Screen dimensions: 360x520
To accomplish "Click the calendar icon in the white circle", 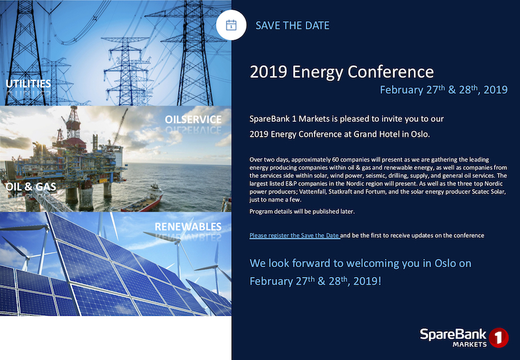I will click(231, 26).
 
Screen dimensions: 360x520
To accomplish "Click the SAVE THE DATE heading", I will click(292, 26).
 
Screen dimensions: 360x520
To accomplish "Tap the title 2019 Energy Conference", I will click(341, 71).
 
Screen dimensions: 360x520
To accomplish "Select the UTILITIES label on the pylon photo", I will click(28, 83).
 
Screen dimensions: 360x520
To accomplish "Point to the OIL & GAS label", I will click(31, 186).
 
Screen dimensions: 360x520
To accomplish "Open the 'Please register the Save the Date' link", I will click(295, 235).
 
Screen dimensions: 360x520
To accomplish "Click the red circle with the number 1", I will click(498, 338).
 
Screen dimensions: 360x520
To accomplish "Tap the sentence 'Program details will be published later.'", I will click(302, 212).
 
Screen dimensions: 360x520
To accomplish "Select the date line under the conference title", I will click(443, 90).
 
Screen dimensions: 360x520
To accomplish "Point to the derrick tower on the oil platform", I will click(74, 122).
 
